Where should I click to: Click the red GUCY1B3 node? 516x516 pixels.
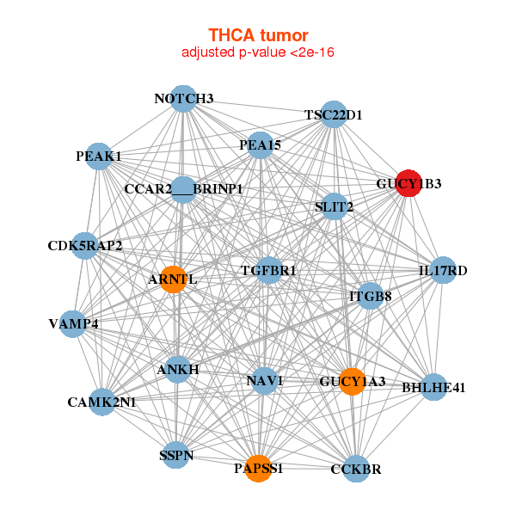click(408, 182)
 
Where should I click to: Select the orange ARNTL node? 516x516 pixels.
click(173, 279)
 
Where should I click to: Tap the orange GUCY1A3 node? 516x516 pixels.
click(352, 381)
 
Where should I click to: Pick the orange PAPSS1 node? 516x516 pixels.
click(258, 469)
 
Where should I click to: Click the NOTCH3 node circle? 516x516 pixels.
click(182, 98)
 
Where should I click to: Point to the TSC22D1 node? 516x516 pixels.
click(333, 114)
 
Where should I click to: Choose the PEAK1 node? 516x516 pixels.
click(100, 157)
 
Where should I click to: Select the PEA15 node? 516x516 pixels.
click(260, 145)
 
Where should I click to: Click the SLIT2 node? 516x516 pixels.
click(334, 206)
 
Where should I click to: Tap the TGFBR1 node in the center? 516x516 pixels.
click(269, 271)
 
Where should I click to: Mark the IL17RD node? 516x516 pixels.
click(443, 271)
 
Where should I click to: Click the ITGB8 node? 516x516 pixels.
click(371, 297)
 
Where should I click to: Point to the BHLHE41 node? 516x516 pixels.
click(434, 387)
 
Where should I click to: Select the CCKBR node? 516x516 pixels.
click(356, 469)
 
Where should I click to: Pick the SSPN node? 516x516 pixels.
click(175, 455)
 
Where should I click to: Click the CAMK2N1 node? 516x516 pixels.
click(102, 402)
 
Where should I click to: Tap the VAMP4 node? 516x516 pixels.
click(73, 324)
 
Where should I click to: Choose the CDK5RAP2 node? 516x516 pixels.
click(84, 246)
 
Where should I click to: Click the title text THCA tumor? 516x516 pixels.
click(258, 35)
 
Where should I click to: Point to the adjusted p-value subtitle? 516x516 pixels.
click(258, 52)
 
